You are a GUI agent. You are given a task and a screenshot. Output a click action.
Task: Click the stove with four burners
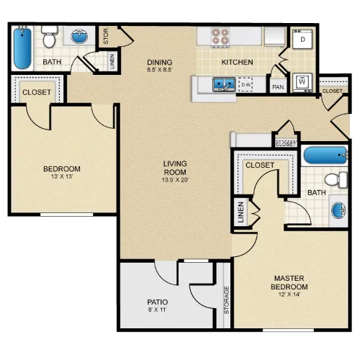pos(220,37)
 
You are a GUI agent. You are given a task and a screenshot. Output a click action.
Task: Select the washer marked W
pos(302,82)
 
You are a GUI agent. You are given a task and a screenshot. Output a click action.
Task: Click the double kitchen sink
pos(224,84)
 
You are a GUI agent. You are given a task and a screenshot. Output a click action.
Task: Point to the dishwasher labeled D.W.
pos(246,84)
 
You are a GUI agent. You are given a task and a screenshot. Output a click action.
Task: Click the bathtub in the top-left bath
pos(22,48)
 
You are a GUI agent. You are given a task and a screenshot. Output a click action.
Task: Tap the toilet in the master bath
pos(336,179)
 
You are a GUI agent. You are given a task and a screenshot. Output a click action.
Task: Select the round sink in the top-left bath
pos(79,37)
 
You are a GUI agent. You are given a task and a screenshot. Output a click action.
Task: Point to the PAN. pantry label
pos(279,87)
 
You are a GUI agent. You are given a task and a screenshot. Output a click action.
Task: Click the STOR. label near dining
pos(106,36)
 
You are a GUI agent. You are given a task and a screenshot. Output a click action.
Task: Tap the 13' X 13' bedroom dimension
pos(62,176)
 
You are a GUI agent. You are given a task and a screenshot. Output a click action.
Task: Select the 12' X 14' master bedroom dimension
pos(289,294)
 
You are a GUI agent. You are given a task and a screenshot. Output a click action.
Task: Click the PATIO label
pos(158,302)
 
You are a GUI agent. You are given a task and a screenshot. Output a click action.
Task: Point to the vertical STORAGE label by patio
pos(227,300)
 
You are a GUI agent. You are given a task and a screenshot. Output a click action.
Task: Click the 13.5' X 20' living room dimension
pos(175,180)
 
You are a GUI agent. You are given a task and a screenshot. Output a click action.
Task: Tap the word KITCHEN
pos(237,62)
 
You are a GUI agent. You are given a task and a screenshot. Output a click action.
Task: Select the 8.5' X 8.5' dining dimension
pos(160,70)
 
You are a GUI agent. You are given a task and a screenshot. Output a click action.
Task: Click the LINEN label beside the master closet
pos(241,212)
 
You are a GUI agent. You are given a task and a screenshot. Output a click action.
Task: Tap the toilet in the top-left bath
pos(50,37)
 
